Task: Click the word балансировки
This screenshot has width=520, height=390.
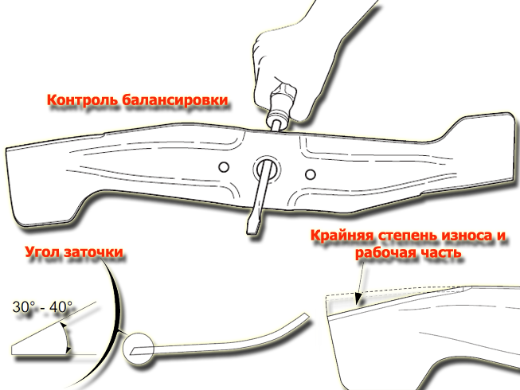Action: [x=175, y=99]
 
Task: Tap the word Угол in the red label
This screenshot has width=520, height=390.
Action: [x=43, y=252]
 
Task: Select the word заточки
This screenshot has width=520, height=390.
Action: [x=94, y=252]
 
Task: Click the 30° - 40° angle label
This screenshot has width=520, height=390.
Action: [x=42, y=307]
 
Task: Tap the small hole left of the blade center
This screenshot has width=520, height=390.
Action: [x=224, y=166]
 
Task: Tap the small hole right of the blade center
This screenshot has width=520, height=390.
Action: [x=311, y=174]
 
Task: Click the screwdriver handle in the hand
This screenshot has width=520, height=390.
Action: [x=282, y=103]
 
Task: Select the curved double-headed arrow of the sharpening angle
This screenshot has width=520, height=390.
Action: [x=67, y=338]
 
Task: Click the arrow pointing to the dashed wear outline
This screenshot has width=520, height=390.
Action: [x=361, y=283]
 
